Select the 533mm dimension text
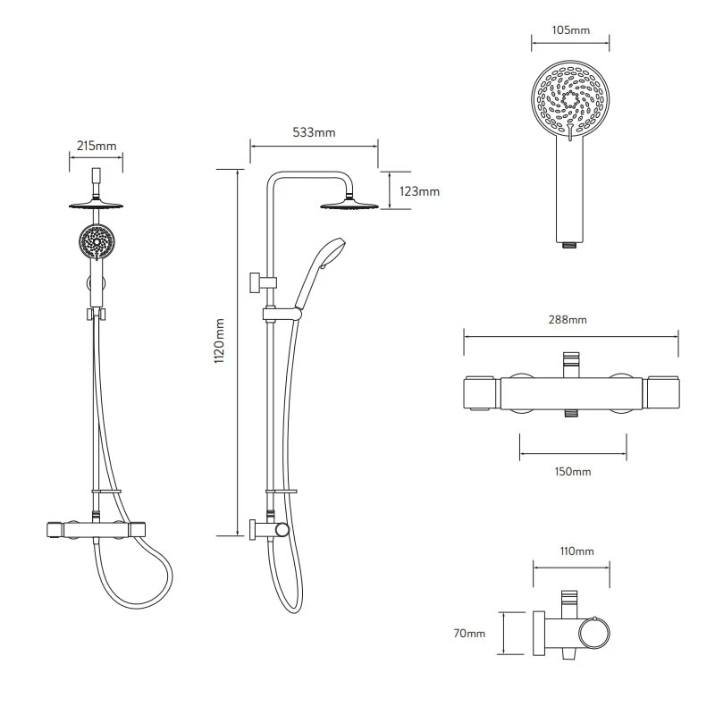click(x=314, y=133)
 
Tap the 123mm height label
click(x=419, y=191)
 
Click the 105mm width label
click(x=572, y=30)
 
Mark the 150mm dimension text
click(x=572, y=471)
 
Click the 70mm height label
click(x=470, y=634)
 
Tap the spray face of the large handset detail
click(x=572, y=100)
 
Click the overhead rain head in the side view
click(x=349, y=206)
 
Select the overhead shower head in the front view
click(x=95, y=204)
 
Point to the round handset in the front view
click(x=95, y=242)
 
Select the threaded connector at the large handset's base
click(x=568, y=244)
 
